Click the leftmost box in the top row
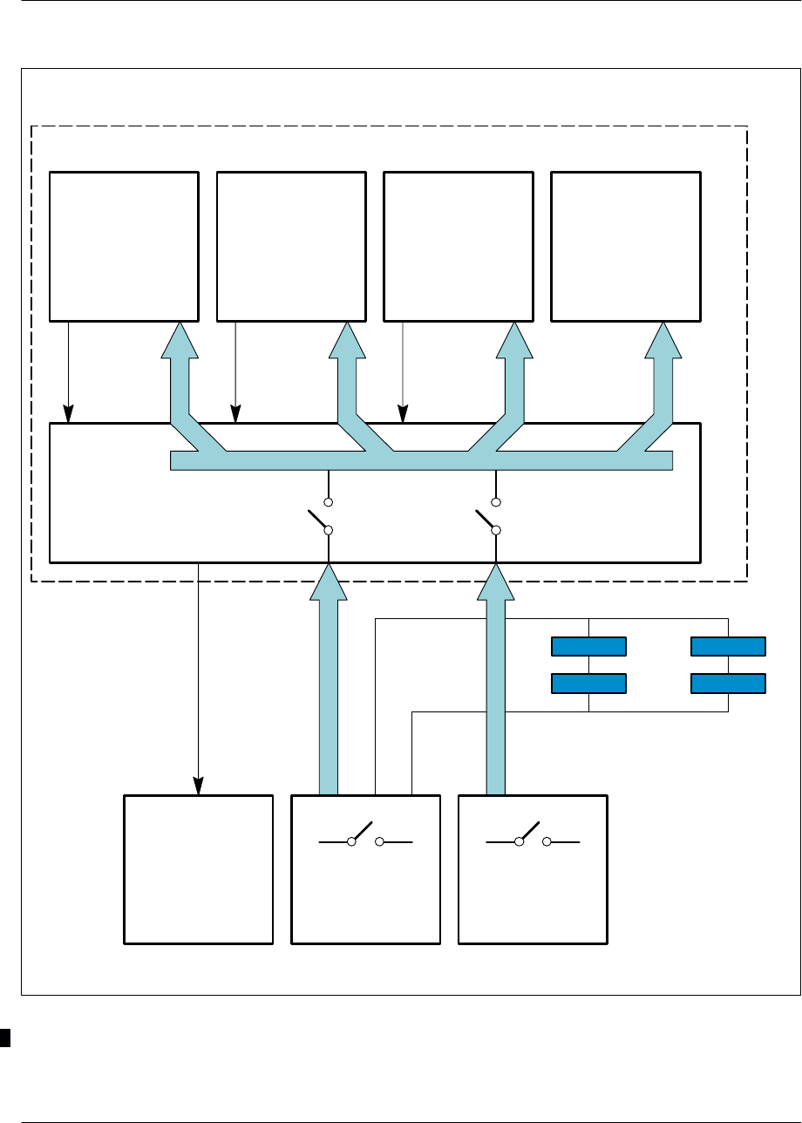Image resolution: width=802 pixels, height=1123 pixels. (123, 246)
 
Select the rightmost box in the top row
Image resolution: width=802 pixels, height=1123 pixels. (625, 246)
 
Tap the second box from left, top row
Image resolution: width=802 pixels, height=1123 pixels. (290, 246)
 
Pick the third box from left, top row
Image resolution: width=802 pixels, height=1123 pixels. (458, 246)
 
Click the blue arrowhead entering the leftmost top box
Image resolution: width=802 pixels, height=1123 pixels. (180, 340)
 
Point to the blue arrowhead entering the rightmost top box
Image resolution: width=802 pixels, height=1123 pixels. (663, 340)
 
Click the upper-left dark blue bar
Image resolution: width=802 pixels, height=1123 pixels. (589, 646)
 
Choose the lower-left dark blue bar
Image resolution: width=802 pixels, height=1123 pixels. (589, 682)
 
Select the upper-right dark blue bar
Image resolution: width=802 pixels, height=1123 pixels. (728, 646)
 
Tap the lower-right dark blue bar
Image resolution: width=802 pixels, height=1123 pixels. (728, 682)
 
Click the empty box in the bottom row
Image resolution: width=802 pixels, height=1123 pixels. (199, 868)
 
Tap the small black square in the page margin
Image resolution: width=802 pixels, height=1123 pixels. (4, 1037)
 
